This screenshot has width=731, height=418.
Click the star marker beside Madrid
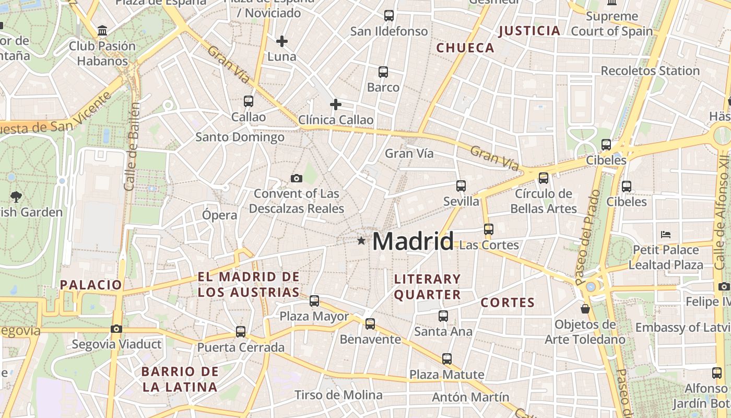361,241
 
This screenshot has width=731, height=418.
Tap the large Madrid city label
412,241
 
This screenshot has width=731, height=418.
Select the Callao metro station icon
249,101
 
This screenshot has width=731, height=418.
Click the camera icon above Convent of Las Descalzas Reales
297,179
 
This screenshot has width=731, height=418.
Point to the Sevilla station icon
461,186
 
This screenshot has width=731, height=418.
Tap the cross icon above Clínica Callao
336,104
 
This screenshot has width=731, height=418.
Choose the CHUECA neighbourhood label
465,48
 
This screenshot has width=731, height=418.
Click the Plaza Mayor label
314,316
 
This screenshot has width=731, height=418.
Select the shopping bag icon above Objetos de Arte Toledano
585,309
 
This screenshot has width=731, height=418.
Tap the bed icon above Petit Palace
665,234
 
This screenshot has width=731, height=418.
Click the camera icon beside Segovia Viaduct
116,329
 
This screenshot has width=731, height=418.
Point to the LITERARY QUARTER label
427,287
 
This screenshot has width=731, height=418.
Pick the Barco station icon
383,72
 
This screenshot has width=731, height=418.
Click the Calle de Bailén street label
133,146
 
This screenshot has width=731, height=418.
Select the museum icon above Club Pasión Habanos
102,31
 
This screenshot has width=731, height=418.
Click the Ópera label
219,215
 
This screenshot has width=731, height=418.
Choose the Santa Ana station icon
443,316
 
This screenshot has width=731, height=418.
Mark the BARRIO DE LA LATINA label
180,379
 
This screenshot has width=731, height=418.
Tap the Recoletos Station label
650,71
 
